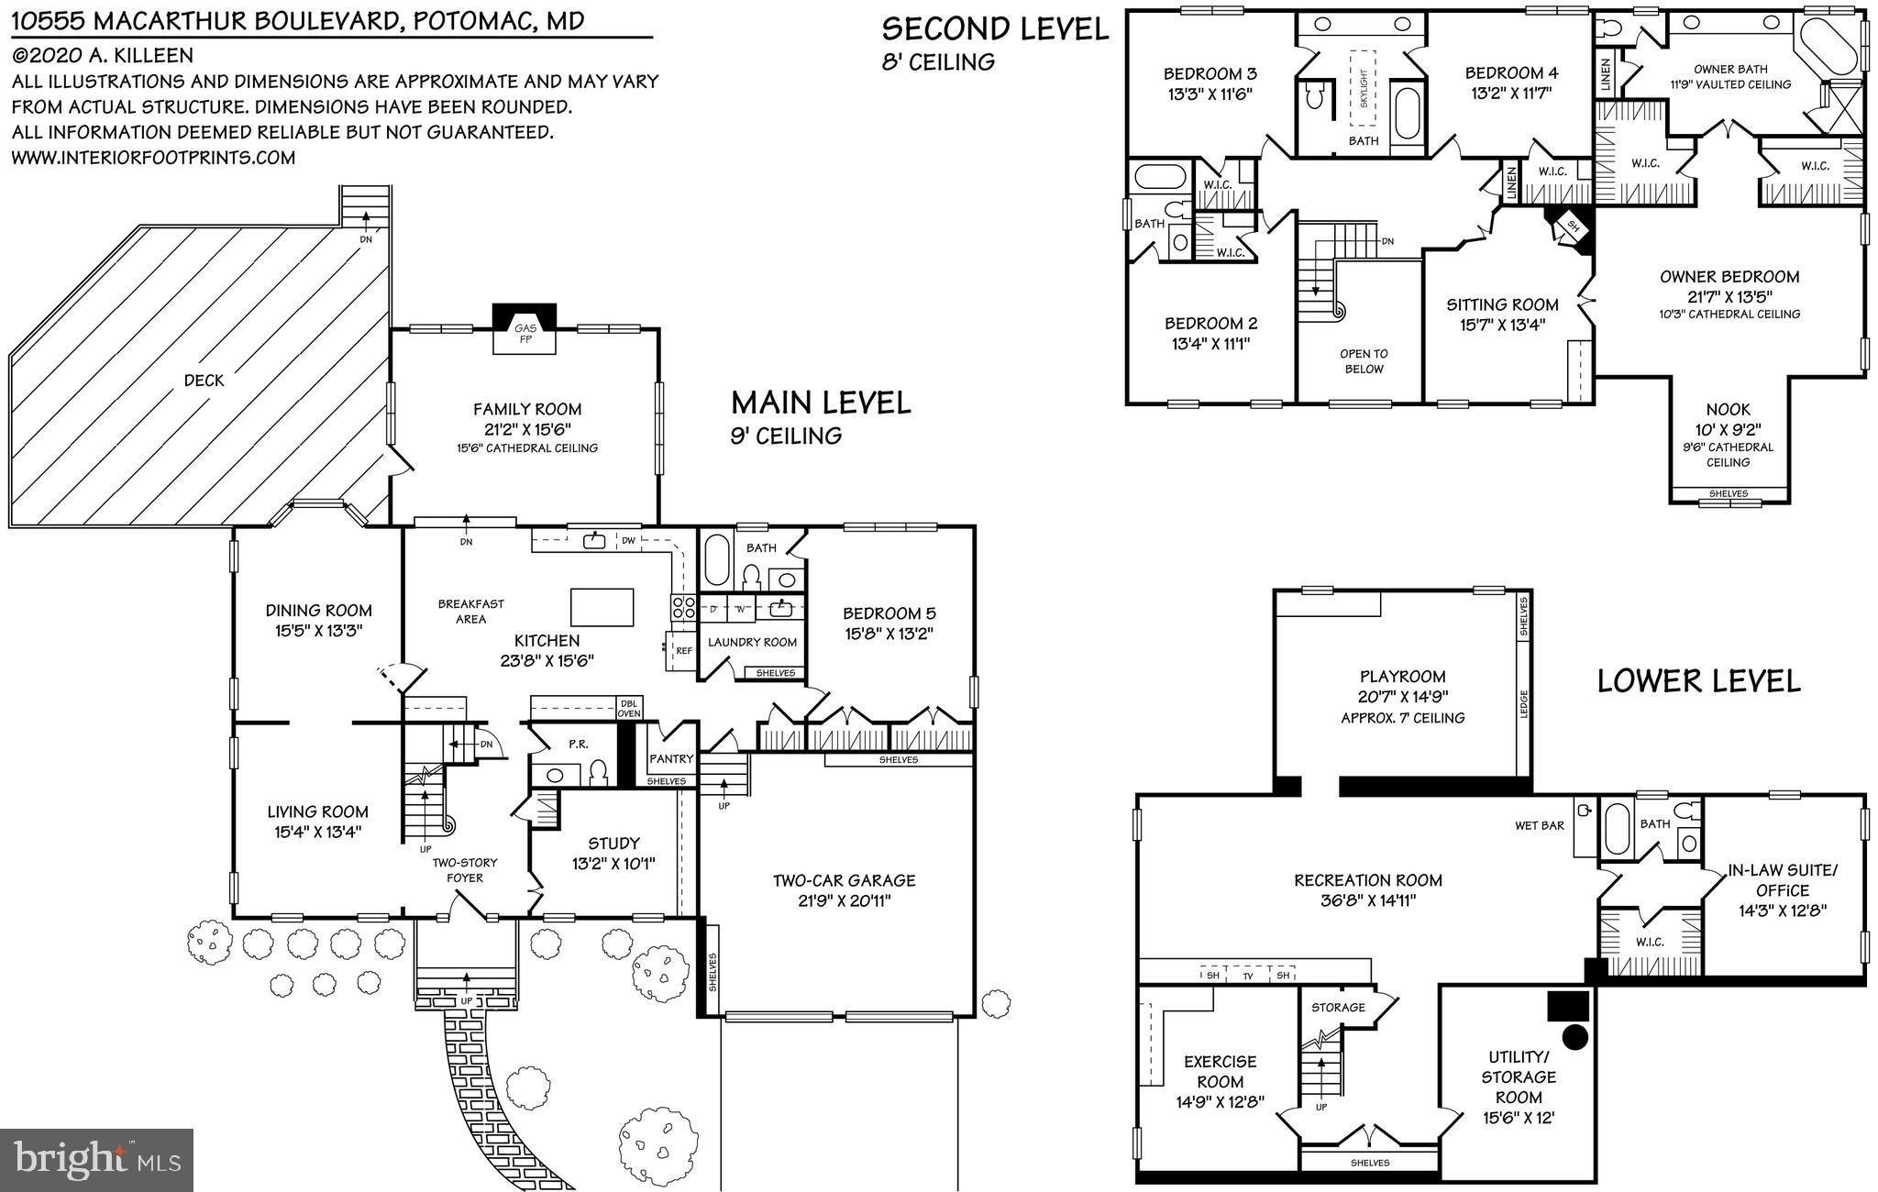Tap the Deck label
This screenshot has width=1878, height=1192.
click(204, 380)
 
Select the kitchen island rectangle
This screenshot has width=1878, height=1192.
click(602, 606)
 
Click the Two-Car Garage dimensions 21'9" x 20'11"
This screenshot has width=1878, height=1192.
click(845, 900)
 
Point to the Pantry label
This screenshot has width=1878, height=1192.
click(671, 758)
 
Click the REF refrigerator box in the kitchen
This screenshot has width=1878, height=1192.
click(683, 650)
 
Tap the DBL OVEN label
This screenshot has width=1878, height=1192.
click(629, 707)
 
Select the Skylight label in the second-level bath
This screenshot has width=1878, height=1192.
click(1364, 90)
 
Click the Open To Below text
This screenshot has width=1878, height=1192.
click(1364, 361)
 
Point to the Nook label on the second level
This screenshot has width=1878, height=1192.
click(1728, 410)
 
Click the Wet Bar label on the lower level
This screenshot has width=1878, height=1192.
click(1540, 825)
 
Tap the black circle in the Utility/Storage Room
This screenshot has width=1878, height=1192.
click(1574, 1037)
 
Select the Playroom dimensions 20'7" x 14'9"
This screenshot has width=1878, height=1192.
click(1402, 697)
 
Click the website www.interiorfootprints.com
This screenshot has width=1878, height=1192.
click(153, 158)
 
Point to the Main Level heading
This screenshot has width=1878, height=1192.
click(821, 403)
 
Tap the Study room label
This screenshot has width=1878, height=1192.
click(613, 843)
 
